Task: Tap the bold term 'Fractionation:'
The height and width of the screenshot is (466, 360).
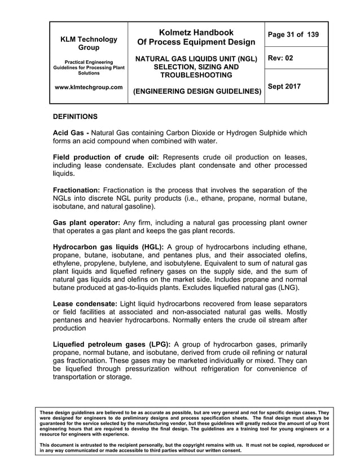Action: click(76, 190)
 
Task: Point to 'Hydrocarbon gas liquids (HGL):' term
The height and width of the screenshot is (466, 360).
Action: click(108, 247)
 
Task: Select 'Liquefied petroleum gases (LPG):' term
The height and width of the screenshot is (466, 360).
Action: click(112, 345)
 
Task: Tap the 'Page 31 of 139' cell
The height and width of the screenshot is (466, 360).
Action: click(293, 35)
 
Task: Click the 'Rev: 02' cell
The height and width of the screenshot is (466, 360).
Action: click(280, 58)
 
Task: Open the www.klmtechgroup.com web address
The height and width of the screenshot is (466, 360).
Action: click(89, 87)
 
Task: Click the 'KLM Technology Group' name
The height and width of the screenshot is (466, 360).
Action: click(89, 44)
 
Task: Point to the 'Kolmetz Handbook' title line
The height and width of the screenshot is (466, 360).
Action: click(196, 33)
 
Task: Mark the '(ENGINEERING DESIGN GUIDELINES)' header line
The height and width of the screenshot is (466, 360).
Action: click(196, 91)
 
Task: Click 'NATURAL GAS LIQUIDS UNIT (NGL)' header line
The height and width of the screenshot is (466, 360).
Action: click(196, 59)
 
